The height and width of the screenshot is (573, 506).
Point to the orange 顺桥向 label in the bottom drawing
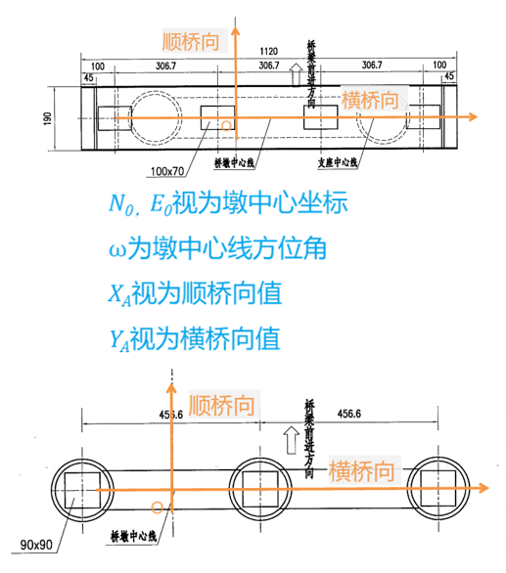[x=224, y=403]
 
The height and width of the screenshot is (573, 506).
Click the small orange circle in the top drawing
[x=228, y=126]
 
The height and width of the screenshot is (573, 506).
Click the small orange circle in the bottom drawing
[x=157, y=507]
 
